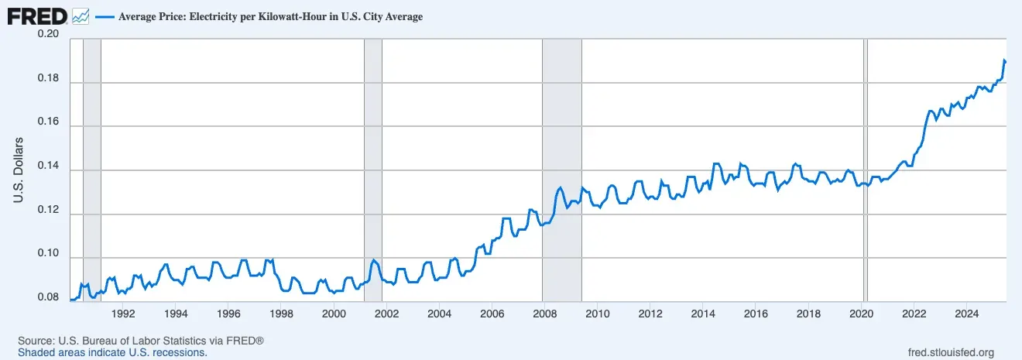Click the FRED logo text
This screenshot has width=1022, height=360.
point(37,15)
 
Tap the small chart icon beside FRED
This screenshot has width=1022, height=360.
point(81,15)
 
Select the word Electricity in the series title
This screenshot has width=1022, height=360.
point(211,16)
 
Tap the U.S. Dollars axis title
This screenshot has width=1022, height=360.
point(19,170)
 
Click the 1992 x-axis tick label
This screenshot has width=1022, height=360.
point(124,314)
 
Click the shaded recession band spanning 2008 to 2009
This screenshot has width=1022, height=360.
point(561,170)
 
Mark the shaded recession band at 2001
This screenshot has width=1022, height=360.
point(372,170)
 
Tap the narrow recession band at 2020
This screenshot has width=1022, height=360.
point(866,170)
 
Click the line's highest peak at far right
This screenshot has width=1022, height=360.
point(1004,60)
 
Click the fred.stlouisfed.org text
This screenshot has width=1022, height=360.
point(950,352)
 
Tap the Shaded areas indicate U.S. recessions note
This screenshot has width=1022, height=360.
point(112,352)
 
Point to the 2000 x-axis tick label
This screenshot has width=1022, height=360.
point(334,314)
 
